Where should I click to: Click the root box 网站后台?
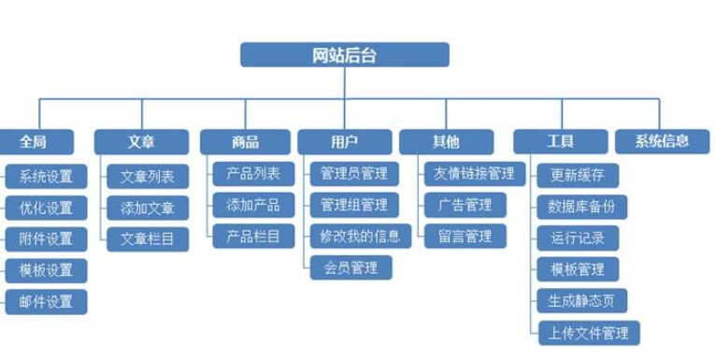coord(344,54)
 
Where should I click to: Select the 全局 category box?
coord(34,142)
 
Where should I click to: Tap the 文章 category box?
coord(141,142)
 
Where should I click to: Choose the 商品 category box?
coord(246,142)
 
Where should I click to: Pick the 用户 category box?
coord(344,142)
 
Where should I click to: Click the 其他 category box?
coord(446,142)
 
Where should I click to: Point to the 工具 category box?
coord(560,142)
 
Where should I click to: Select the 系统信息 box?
coord(662,142)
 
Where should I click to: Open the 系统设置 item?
coord(46,176)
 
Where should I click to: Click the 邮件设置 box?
coord(46,301)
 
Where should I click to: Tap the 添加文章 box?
coord(148,207)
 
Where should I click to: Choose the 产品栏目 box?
coord(253,236)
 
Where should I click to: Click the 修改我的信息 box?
coord(360,236)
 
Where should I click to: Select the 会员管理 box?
coord(351,267)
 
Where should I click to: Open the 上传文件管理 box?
coord(589,332)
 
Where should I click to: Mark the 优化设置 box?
coord(46,207)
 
